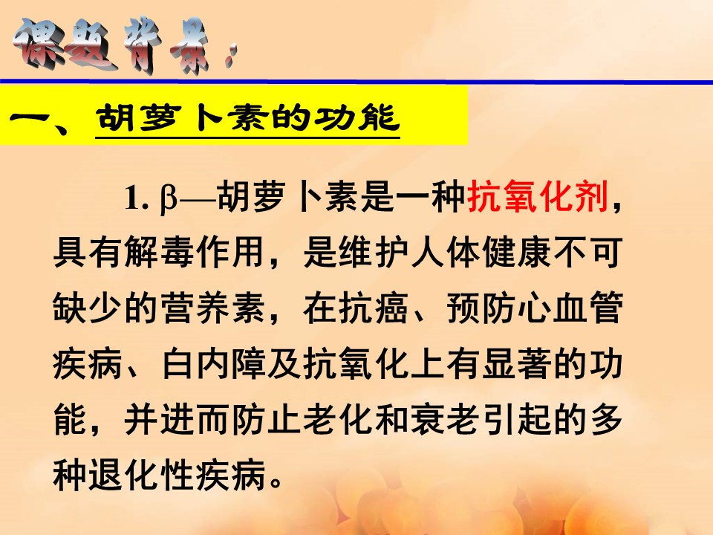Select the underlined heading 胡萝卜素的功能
248,120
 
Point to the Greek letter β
166,201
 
